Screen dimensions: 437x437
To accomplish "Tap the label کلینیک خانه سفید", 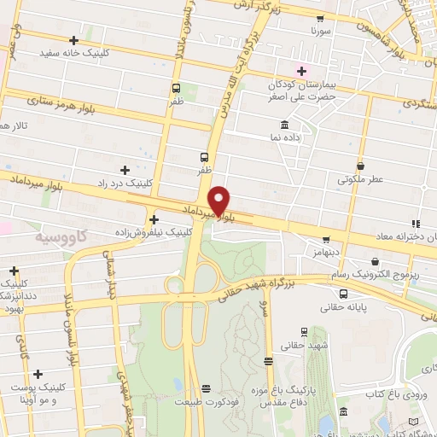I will [75, 53].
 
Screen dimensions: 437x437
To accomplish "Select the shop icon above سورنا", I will [320, 18].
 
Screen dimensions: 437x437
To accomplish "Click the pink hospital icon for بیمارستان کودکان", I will [300, 69].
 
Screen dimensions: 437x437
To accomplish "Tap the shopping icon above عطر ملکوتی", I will [361, 166].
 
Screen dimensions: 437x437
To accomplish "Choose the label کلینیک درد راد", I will [160, 184].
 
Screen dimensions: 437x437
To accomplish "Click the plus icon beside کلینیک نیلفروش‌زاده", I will [153, 219].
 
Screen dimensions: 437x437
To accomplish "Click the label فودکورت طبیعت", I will [203, 400].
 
